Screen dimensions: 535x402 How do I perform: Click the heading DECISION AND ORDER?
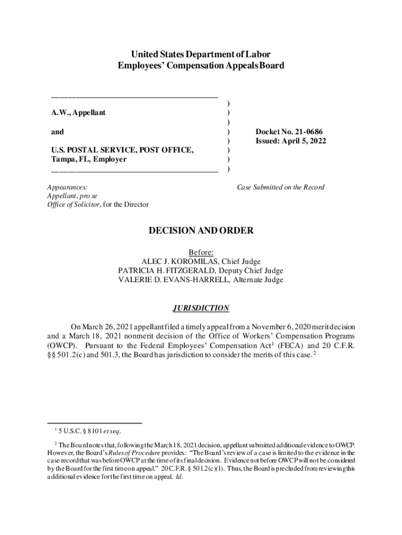(x=201, y=230)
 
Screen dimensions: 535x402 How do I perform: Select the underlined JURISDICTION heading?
(x=201, y=308)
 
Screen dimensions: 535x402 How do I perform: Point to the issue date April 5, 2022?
(x=303, y=141)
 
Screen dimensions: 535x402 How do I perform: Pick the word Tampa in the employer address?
(x=62, y=160)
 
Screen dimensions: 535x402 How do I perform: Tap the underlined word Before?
(x=201, y=252)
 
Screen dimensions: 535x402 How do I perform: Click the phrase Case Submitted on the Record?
(x=280, y=187)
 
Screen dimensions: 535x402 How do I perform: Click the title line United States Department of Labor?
(x=201, y=54)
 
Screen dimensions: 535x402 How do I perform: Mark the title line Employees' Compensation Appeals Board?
(x=201, y=66)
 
